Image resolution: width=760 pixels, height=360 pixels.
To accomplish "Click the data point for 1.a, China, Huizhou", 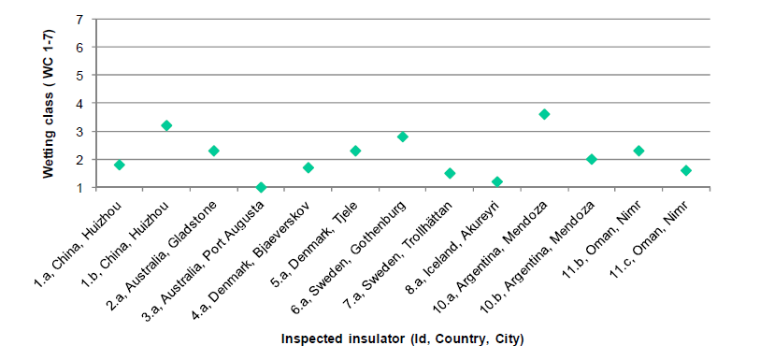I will tap(120, 165).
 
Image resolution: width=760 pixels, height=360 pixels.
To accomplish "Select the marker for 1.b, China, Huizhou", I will tap(166, 125).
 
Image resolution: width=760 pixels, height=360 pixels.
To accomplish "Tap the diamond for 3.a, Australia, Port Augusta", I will tap(261, 187).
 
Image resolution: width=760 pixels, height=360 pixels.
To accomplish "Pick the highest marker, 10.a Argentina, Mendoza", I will tap(544, 114).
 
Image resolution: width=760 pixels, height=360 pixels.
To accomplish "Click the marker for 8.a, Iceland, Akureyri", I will tap(497, 181).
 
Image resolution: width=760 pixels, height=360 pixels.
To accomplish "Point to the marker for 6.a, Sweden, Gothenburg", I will tap(403, 137).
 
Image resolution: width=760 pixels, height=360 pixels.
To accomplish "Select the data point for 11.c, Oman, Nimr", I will tap(686, 170).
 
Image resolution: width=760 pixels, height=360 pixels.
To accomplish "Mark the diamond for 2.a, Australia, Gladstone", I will tap(214, 151).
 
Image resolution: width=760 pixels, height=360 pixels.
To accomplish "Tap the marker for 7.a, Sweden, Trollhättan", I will tap(450, 173).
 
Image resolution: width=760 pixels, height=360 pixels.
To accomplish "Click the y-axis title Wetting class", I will tap(49, 103).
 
